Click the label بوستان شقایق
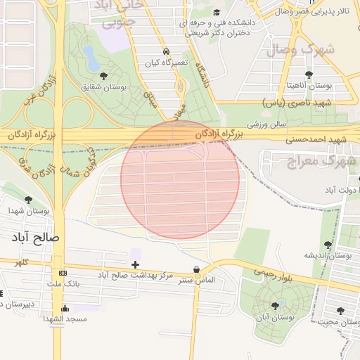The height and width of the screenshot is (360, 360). point(103,87)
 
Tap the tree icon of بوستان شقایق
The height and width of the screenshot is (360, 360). point(104,75)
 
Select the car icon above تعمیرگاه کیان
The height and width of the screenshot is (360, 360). point(165,52)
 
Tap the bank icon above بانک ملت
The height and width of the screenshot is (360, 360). point(63,273)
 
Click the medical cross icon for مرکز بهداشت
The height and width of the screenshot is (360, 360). point(136,264)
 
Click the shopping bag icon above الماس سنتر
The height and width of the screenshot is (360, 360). point(195,269)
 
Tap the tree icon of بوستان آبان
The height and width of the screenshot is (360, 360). point(274,305)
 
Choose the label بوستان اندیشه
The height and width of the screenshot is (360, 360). point(328,255)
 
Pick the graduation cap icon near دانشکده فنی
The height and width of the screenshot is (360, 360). point(217,12)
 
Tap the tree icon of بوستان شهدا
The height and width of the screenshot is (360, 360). point(28,200)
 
